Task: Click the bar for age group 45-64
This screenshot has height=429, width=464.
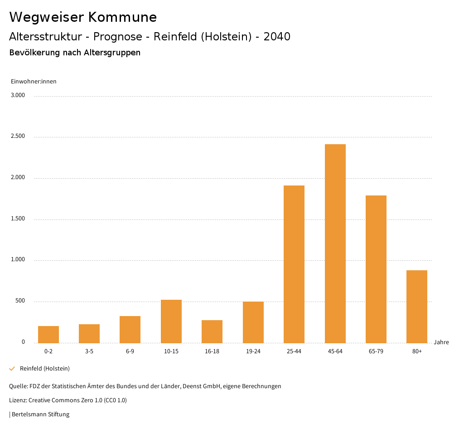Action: pos(335,244)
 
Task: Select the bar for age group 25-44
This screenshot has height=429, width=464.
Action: pos(294,264)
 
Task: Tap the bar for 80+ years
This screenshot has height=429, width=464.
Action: pos(417,307)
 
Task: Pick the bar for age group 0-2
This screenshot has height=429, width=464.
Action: pos(48,334)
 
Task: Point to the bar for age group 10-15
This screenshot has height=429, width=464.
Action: pos(171,321)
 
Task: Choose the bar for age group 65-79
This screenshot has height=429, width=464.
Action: pos(376,269)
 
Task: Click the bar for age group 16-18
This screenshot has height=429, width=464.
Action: pos(212,331)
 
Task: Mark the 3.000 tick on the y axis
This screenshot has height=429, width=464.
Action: pos(18,95)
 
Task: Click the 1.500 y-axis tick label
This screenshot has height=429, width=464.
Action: pos(18,219)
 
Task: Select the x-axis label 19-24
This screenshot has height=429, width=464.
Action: pos(253,351)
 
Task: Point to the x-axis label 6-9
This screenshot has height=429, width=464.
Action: pos(130,351)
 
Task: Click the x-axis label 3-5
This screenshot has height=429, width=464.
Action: pos(89,351)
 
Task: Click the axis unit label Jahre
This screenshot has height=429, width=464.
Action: pos(441,342)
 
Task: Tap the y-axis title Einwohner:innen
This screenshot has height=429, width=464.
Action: pos(34,82)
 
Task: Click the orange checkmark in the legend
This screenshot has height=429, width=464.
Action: pos(12,369)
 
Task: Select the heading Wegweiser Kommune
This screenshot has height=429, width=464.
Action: pos(83,17)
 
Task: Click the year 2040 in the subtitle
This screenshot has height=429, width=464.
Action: pos(276,37)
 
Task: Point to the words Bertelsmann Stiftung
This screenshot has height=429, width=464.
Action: pos(40,414)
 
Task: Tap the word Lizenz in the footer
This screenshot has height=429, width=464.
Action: pos(18,400)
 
